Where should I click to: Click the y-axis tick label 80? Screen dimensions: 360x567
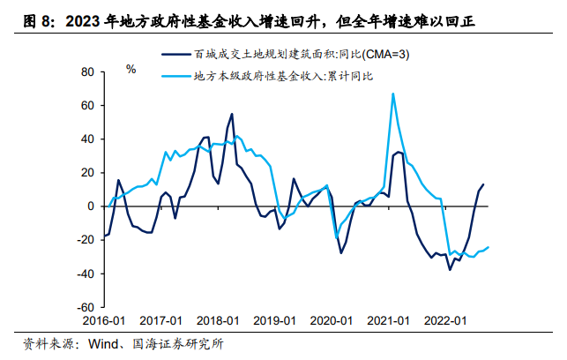(86, 71)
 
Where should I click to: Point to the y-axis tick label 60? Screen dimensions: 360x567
(86, 105)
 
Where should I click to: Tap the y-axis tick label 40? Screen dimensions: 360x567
(86, 139)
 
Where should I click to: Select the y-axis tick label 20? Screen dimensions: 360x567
(86, 172)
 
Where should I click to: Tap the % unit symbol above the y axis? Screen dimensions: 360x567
(131, 69)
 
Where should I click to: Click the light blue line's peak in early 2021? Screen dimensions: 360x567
(392, 94)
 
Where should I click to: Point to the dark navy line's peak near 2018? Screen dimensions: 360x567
(232, 114)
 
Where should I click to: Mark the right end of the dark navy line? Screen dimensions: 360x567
(483, 184)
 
